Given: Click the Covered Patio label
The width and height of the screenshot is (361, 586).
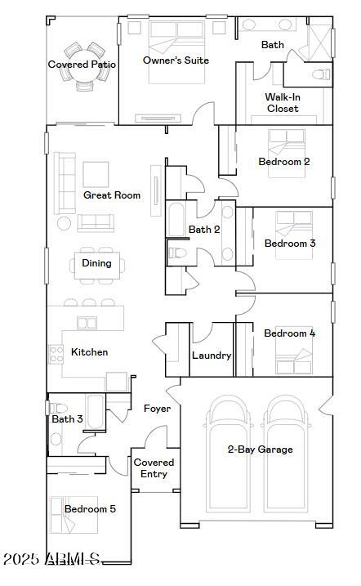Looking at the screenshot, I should (x=82, y=65).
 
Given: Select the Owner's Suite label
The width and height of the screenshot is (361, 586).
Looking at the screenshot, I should (x=176, y=60).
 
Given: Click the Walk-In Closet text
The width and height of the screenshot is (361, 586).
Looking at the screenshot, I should (x=282, y=102).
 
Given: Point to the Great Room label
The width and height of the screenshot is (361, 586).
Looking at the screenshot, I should (x=112, y=195).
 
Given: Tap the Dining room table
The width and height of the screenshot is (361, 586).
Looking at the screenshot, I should (x=96, y=263).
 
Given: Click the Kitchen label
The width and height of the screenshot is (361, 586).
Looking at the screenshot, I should (x=89, y=352).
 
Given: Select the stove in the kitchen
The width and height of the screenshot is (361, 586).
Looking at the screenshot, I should (x=56, y=354).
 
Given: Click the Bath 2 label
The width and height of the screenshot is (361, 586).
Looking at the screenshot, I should (x=204, y=230).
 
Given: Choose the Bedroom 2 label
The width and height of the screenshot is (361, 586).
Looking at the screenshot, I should (x=283, y=162).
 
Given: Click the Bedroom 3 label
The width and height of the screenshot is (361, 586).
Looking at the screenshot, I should (x=289, y=244).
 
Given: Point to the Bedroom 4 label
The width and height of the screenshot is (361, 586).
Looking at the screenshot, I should (x=289, y=333).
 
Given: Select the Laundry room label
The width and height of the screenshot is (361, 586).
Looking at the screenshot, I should (x=212, y=356).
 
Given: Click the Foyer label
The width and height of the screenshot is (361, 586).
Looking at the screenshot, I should (x=157, y=408).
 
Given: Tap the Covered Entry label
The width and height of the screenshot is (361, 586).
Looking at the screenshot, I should (x=154, y=468).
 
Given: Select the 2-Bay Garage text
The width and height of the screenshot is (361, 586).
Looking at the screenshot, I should (x=260, y=450).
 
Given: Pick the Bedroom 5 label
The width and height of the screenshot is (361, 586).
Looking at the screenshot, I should (x=90, y=509).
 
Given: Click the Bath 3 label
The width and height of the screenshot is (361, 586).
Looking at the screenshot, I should (x=67, y=419).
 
